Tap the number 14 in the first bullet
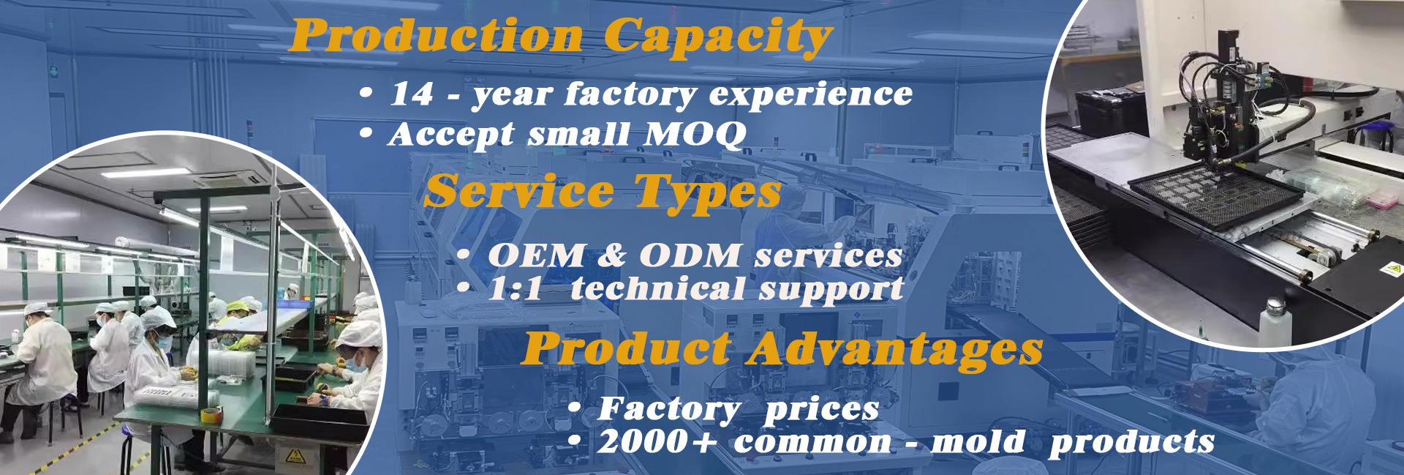coord(411,94)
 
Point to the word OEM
coord(536,255)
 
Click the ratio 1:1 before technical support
coord(515,288)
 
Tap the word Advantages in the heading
coord(894,349)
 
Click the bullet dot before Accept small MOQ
coord(366,134)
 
